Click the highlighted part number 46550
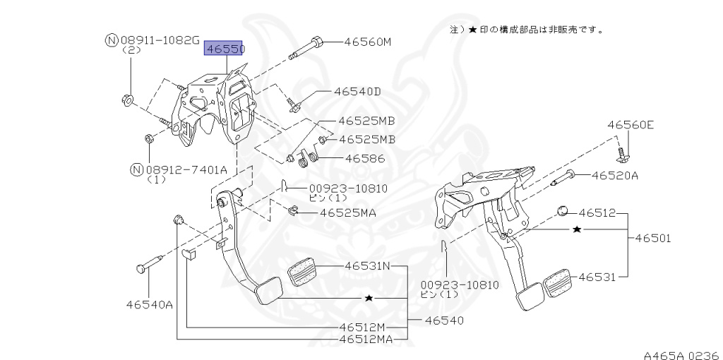[224, 49]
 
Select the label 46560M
[367, 42]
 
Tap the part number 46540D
[357, 91]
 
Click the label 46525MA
[348, 212]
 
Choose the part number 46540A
[150, 304]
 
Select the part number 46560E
[631, 125]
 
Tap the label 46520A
[614, 175]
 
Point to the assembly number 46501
[652, 239]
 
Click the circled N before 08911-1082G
[111, 40]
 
